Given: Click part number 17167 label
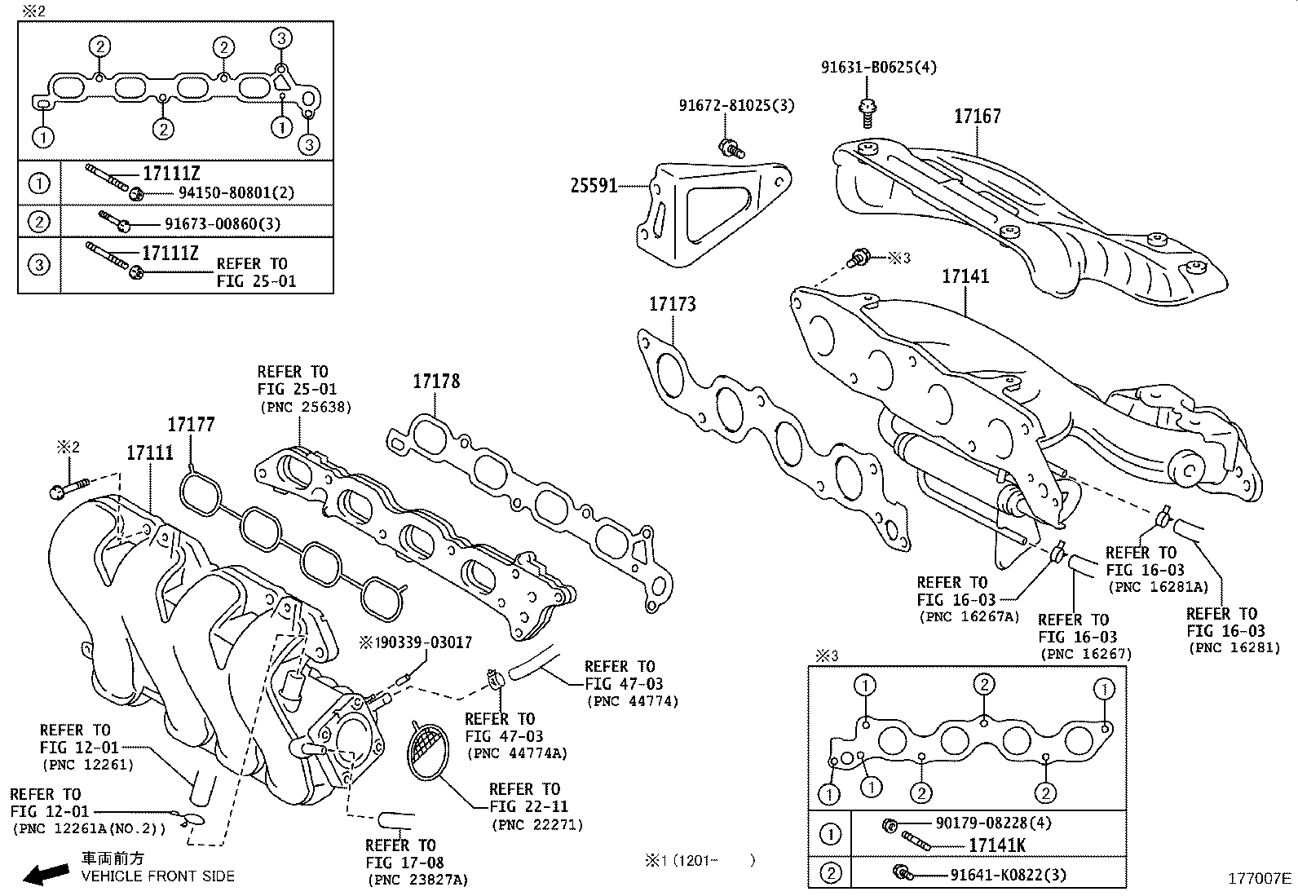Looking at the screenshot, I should click(x=977, y=117).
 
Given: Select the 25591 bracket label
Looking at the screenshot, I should click(x=593, y=186).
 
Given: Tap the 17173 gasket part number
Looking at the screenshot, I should click(x=672, y=304).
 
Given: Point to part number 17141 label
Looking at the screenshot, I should click(x=965, y=276).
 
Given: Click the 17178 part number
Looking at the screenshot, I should click(x=435, y=381).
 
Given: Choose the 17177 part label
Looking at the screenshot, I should click(x=191, y=424).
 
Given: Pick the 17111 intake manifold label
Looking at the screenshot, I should click(x=149, y=452).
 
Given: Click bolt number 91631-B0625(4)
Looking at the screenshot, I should click(x=878, y=67).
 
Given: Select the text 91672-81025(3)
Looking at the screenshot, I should click(x=736, y=105).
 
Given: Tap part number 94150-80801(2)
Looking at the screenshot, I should click(x=236, y=193).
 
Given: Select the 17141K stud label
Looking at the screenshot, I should click(x=996, y=845).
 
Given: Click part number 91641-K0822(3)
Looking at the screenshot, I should click(x=1008, y=875).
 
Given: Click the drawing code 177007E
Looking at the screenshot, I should click(x=1260, y=878).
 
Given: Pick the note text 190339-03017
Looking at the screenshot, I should click(x=414, y=643).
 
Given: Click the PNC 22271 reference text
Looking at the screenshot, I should click(x=536, y=825).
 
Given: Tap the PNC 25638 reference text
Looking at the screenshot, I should click(x=304, y=407).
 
